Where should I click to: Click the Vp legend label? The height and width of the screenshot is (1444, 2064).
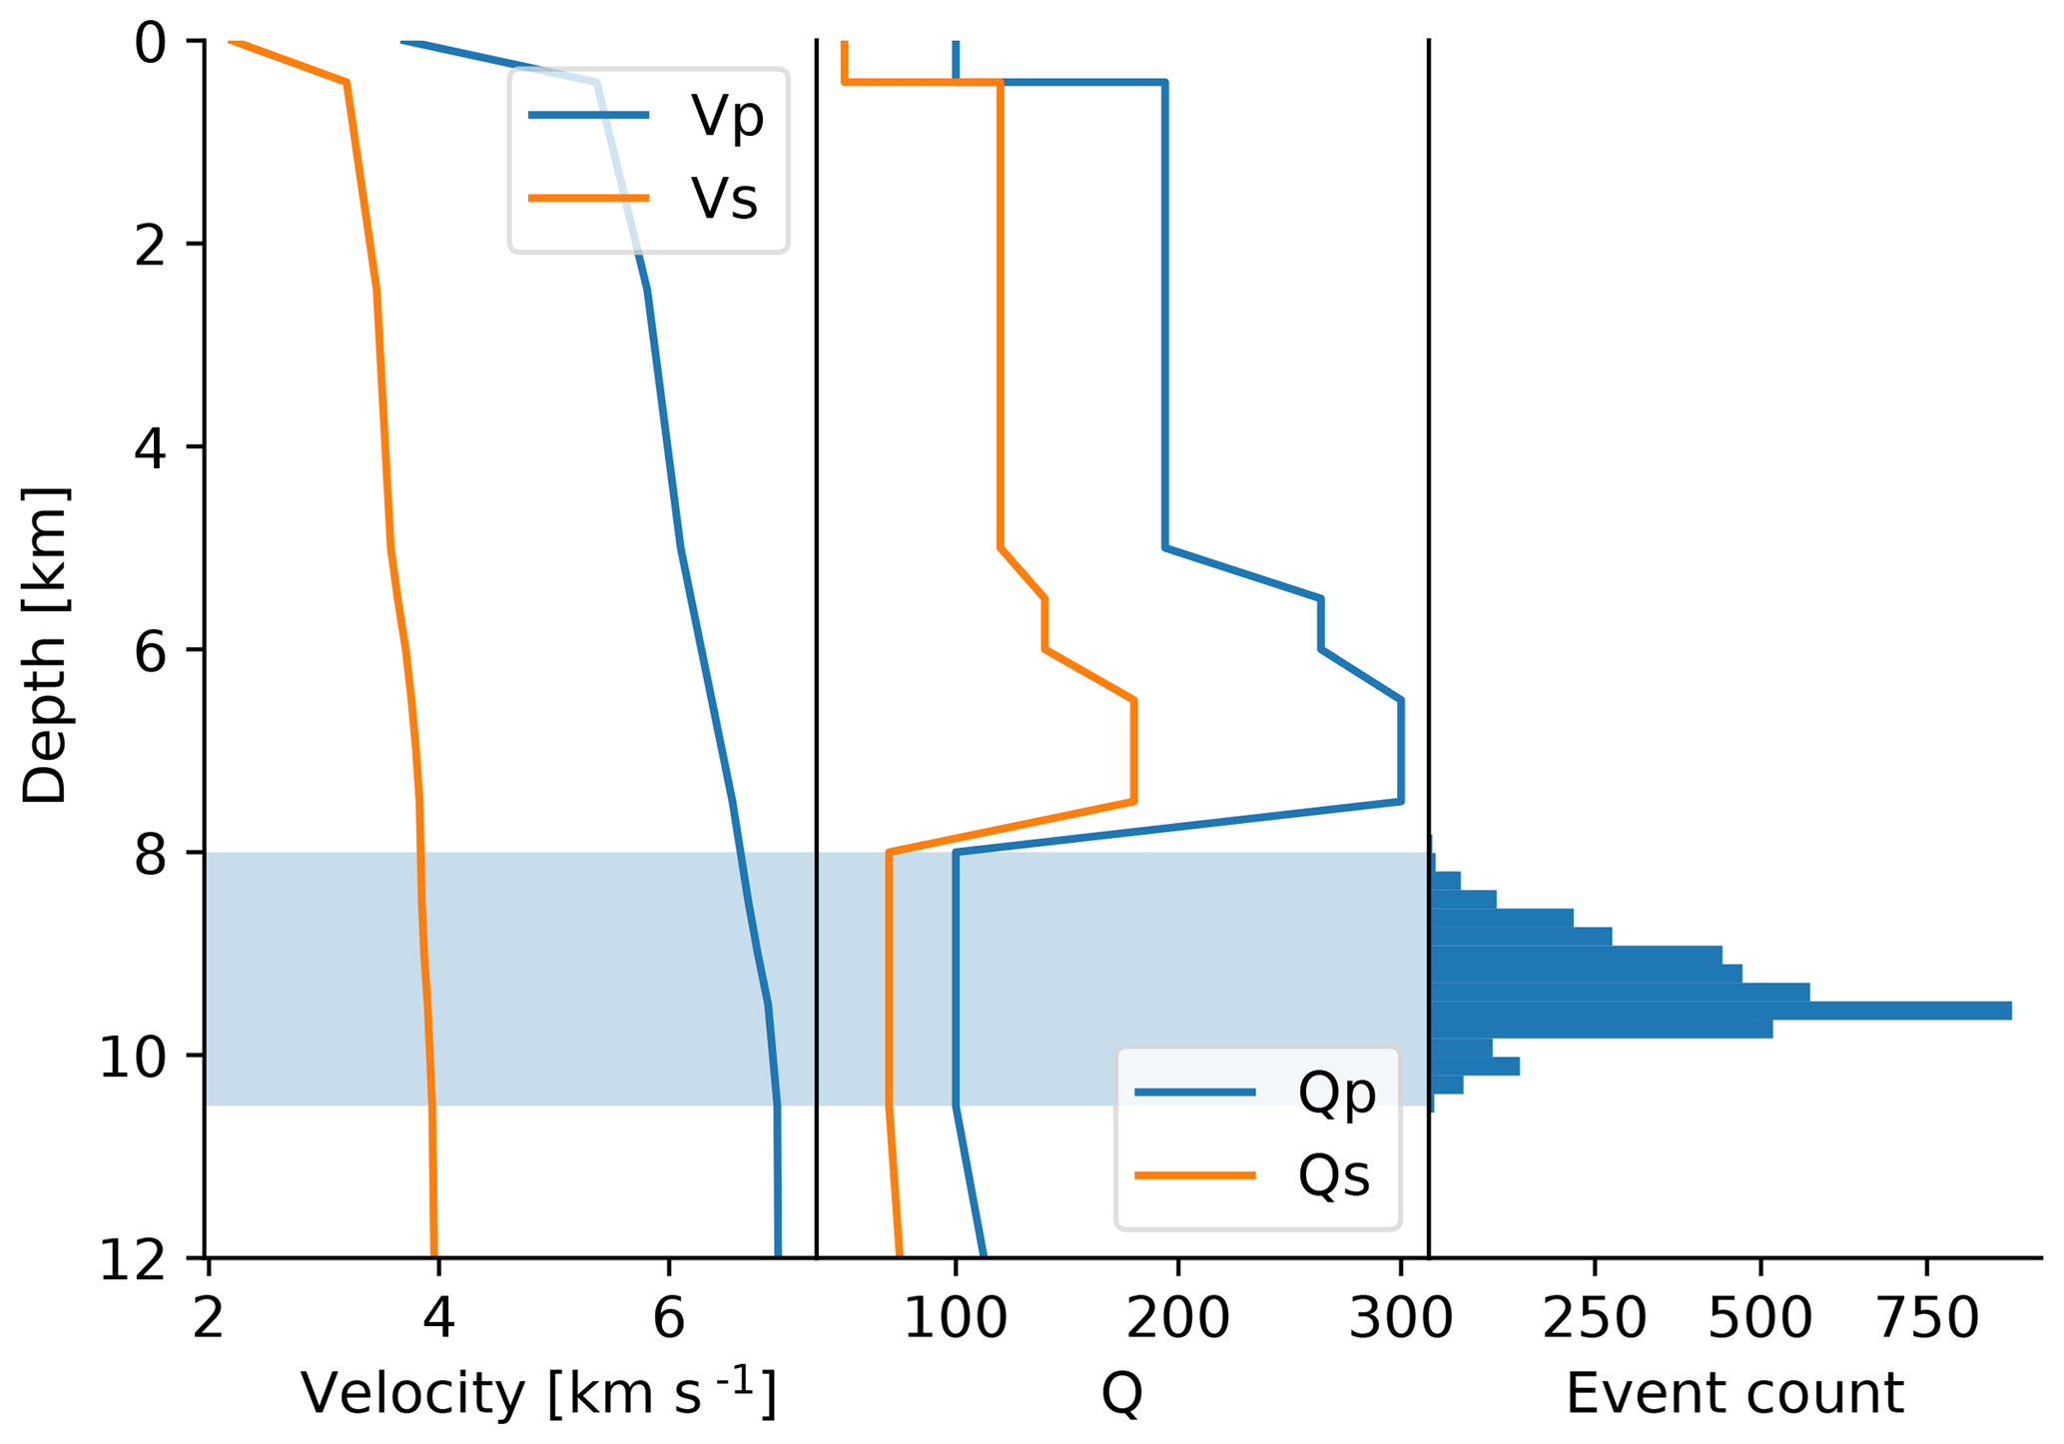726,117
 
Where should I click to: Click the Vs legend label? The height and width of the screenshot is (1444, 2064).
724,199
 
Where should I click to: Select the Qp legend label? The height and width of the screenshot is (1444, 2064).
1336,1092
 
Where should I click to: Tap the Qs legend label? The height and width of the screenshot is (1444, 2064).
1333,1175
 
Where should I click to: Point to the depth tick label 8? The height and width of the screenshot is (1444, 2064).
150,854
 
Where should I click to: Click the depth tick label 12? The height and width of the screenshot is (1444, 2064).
133,1260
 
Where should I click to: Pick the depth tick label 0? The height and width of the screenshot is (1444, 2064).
150,44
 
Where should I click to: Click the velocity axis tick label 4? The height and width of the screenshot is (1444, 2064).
438,1319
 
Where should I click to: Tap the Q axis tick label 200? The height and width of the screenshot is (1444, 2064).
1178,1319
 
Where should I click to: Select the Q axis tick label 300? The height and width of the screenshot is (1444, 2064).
1401,1319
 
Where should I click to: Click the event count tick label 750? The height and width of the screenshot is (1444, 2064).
1927,1319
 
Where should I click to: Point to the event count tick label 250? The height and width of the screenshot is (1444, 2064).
1595,1319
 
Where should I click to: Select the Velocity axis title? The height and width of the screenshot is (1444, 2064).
538,1394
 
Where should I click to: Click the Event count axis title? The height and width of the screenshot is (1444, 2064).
1734,1394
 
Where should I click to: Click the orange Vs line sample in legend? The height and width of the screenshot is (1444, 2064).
589,199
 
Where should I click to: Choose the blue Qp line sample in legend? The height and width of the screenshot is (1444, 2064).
1195,1092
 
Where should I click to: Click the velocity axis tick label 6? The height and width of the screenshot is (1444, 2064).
668,1319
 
